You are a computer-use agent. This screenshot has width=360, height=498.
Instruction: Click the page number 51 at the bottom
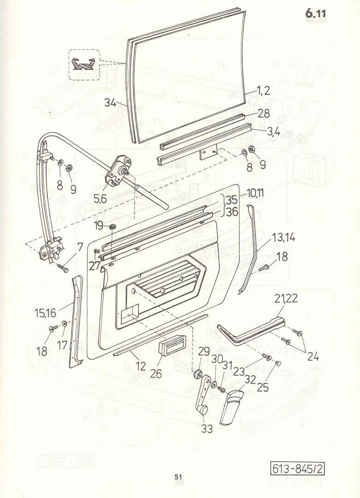179,477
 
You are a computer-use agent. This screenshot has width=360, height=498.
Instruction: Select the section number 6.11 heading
315,14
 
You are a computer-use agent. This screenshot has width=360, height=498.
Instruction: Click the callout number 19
98,226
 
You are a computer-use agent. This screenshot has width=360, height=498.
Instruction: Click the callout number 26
156,373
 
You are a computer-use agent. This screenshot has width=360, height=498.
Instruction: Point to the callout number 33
207,429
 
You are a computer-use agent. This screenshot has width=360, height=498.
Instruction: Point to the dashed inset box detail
84,65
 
